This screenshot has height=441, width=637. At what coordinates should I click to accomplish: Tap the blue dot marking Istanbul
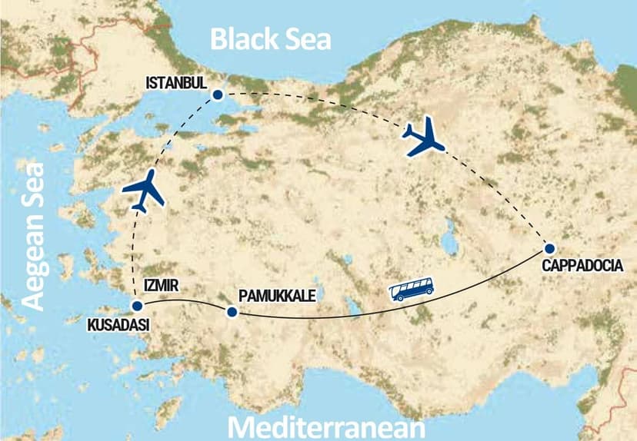coord(218,95)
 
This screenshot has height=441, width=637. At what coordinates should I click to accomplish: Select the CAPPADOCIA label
coord(589,267)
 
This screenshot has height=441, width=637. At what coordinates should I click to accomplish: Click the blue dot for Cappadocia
coord(549,248)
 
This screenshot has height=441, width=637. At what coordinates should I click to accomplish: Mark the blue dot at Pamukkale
coord(230,312)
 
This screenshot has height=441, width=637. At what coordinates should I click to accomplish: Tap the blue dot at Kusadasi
coord(137,306)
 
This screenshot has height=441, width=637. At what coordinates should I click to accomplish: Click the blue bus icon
coord(412,289)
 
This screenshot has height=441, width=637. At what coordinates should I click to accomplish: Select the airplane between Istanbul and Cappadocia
coord(424,138)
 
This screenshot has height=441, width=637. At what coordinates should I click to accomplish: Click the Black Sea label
coord(272,38)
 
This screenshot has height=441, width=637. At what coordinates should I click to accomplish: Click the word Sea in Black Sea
coord(304,38)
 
